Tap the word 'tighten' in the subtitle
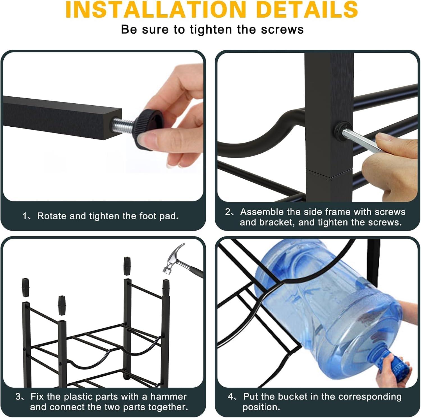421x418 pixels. pos(212,29)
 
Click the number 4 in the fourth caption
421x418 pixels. pos(230,396)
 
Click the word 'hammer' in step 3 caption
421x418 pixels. pos(168,396)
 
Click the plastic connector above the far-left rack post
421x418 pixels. pos(25,287)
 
